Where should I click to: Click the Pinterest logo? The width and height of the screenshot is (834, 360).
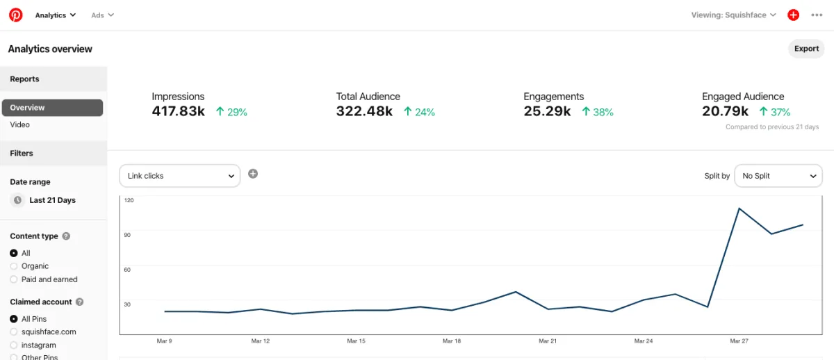point(15,15)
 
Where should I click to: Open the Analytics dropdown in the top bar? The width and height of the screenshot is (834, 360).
point(55,15)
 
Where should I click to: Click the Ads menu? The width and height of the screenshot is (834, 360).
point(102,15)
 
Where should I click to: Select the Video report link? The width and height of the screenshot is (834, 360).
point(20,125)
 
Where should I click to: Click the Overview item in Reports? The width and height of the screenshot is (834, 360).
point(52,108)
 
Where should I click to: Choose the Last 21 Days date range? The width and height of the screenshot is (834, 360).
point(52,200)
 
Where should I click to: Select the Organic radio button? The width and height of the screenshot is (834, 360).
point(14,266)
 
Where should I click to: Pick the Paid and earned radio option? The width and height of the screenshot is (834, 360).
point(14,279)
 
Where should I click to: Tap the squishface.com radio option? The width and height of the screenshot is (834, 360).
point(14,332)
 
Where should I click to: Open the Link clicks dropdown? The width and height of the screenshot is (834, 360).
point(180,176)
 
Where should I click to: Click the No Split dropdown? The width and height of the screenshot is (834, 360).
point(778,176)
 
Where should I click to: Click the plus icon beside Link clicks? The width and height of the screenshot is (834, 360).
point(253,174)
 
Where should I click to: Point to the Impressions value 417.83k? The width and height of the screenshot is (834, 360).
point(179,111)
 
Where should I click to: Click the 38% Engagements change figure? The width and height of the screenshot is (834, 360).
point(598,112)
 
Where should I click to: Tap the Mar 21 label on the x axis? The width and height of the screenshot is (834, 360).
point(548,341)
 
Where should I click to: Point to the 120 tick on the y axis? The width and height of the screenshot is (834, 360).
point(129,200)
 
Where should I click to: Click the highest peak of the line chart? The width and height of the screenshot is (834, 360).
point(739,208)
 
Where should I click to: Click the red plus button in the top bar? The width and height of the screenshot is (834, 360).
point(793,15)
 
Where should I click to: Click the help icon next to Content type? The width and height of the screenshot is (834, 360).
point(67,236)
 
